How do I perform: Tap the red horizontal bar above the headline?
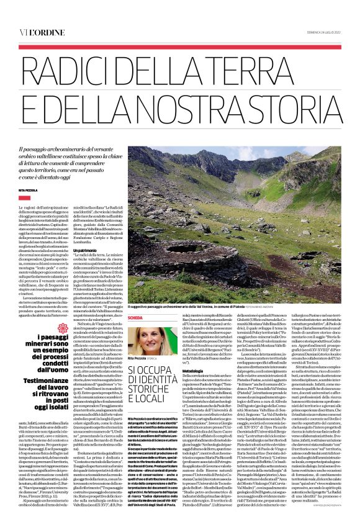pos(180,47)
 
